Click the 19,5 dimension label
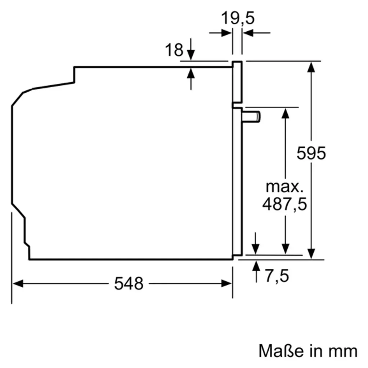[x=238, y=18]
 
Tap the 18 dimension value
[x=174, y=50]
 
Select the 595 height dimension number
[x=311, y=153]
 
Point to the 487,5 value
[x=284, y=204]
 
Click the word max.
[x=284, y=187]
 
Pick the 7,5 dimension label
[x=277, y=276]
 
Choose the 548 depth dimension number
[x=129, y=284]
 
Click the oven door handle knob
[x=251, y=117]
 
